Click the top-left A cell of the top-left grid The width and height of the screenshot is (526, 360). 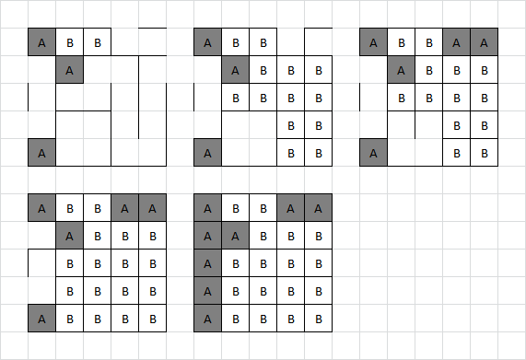(41, 41)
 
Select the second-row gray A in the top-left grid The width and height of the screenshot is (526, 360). (69, 69)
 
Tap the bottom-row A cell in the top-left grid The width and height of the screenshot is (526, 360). (41, 152)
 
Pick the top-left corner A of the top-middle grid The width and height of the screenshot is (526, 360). (207, 41)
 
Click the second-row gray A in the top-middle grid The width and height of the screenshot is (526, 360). (235, 69)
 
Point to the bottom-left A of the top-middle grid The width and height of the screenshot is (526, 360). (207, 152)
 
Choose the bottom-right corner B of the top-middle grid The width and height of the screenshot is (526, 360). (318, 152)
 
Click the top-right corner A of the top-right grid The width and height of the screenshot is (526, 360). (484, 41)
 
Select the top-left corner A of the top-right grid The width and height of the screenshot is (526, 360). (373, 41)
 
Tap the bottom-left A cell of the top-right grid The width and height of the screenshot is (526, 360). (373, 152)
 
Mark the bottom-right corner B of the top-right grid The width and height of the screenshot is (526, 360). (484, 152)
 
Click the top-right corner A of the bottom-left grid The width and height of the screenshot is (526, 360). (152, 207)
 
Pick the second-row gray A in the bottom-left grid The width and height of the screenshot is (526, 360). (69, 235)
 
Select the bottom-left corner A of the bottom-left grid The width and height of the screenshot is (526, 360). (41, 318)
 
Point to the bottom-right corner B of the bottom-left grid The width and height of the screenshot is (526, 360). (152, 318)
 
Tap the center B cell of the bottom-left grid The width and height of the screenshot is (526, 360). (97, 262)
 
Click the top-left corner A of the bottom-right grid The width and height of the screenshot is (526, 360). (207, 207)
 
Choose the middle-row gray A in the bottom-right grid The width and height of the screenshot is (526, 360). (207, 262)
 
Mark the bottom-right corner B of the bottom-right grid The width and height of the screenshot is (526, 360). (318, 318)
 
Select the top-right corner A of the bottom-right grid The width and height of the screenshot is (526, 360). (318, 207)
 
